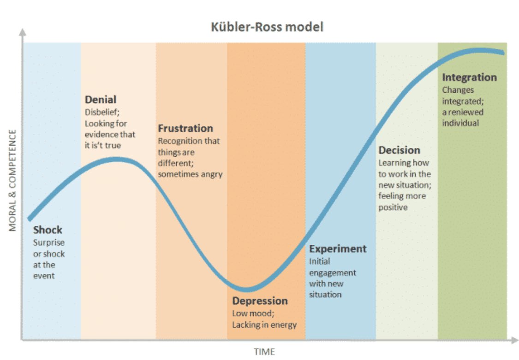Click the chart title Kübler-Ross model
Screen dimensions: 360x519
(267, 27)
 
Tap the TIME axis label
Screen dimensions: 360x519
(264, 352)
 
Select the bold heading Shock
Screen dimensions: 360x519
(48, 230)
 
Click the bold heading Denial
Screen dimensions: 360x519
(101, 100)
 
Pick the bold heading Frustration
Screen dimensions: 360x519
(185, 128)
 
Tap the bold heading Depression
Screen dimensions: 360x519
(260, 301)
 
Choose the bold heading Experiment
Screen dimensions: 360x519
(338, 249)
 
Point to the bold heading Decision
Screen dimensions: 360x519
(399, 150)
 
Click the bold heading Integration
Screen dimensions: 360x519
(469, 77)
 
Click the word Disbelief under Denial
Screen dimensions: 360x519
(101, 112)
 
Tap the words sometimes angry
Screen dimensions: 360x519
(190, 174)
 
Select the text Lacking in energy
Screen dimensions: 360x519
(264, 325)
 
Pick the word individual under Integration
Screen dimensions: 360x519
(460, 123)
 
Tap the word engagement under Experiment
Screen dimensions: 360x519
(332, 272)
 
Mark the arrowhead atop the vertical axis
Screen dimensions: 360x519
(22, 32)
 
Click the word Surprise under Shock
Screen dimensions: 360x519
(49, 242)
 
